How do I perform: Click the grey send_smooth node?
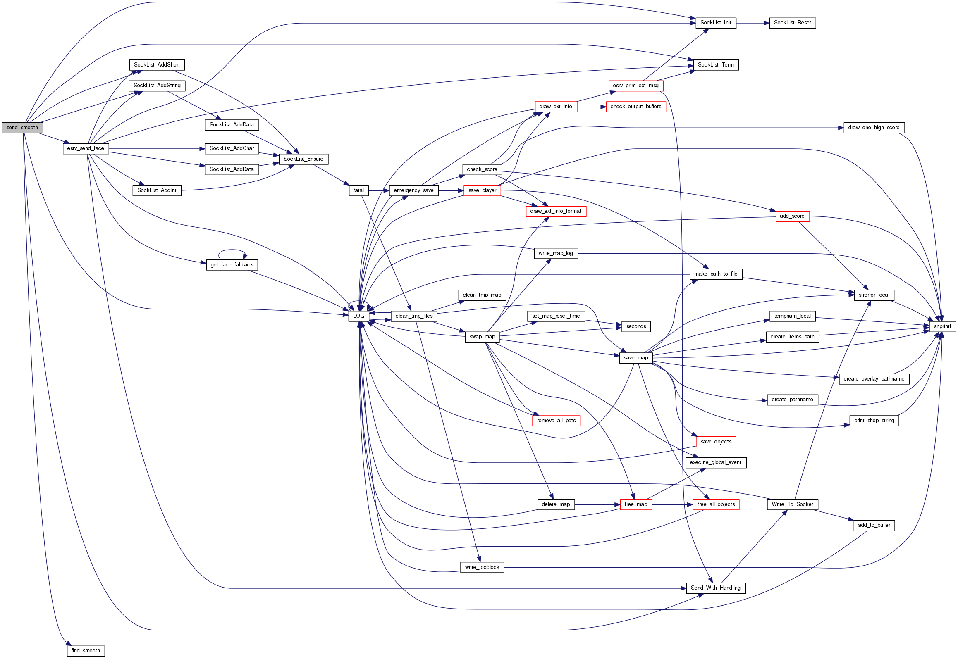tap(22, 128)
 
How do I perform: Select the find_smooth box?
tap(86, 651)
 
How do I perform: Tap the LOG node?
tap(358, 316)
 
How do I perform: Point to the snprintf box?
tap(942, 326)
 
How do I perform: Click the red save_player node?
tap(482, 190)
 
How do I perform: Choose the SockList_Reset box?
tap(792, 23)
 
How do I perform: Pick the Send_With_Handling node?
tap(716, 588)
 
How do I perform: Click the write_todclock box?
tap(482, 567)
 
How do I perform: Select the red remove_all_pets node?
tap(556, 421)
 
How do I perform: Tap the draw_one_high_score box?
tap(874, 128)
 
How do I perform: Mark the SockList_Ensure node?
tap(303, 159)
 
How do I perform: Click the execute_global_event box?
tap(716, 462)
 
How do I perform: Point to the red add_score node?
tap(792, 216)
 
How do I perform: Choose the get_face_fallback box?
tap(232, 265)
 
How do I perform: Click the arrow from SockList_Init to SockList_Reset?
tap(753, 23)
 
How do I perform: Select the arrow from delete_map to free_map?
tap(597, 504)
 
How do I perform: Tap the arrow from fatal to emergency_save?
tap(379, 190)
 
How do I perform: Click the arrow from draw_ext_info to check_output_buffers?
tap(591, 107)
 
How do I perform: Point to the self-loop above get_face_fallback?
tap(232, 250)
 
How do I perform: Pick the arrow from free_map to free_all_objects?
tap(672, 504)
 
